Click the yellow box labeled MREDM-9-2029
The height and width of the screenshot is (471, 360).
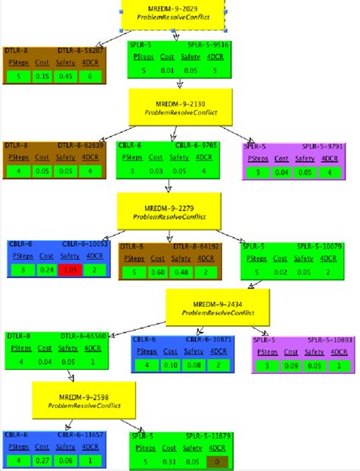175,12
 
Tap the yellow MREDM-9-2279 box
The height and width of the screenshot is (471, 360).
169,211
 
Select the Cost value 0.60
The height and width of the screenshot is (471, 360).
159,272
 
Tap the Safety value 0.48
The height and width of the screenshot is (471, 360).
180,272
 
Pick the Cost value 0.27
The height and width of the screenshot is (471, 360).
43,460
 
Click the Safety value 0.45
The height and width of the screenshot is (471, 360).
67,76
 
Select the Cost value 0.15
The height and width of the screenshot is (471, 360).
44,76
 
